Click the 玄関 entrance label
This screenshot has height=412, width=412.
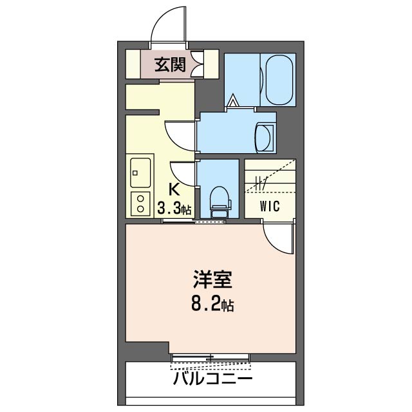170,64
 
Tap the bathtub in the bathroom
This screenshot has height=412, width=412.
279,80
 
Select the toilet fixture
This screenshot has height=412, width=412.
220,202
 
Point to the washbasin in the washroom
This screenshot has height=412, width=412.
265,137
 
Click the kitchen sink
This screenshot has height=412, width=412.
140,173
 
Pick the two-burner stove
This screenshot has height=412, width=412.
140,204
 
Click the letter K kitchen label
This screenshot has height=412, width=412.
174,189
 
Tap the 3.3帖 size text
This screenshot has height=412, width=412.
174,209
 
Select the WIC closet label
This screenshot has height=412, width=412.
270,206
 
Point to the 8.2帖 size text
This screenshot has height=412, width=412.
212,305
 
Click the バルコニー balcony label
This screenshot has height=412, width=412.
212,379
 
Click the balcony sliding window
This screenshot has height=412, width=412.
211,358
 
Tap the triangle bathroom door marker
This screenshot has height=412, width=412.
232,100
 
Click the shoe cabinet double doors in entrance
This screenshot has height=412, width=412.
198,64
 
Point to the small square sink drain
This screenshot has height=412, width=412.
135,173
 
